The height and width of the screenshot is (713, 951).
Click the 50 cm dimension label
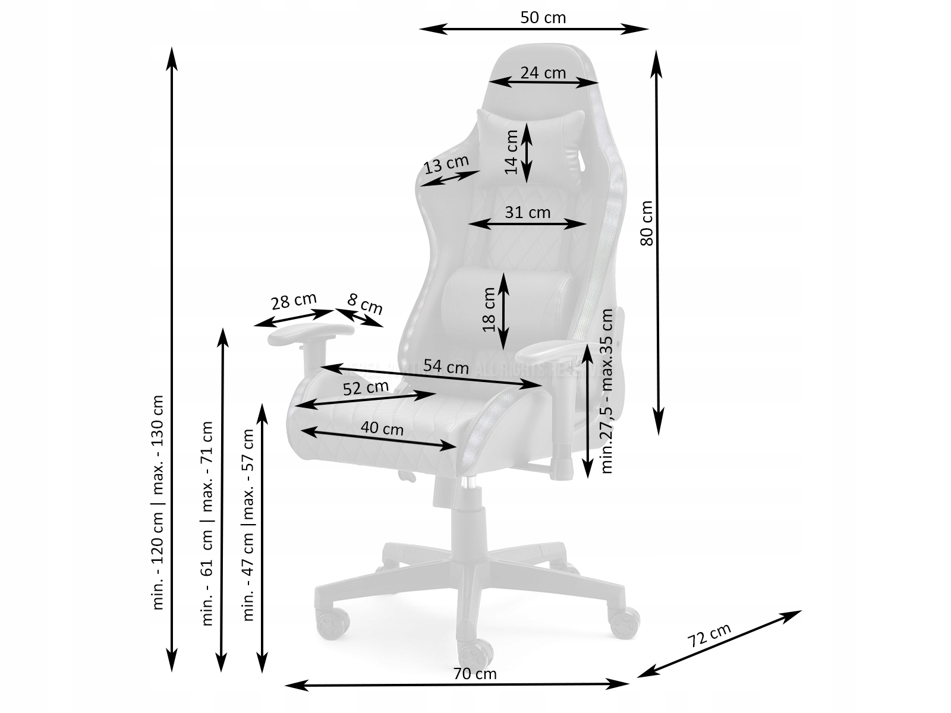point(543,18)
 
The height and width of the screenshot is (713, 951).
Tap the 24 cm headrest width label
point(543,72)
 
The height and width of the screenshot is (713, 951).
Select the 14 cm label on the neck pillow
point(512,152)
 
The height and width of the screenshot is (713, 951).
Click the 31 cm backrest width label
point(527,212)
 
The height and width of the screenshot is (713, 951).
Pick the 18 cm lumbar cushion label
point(489,310)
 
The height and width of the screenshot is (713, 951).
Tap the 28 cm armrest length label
point(294,302)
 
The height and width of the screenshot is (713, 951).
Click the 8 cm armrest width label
point(365,304)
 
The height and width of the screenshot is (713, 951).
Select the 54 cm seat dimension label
point(446,367)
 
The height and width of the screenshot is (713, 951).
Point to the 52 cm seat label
point(366,388)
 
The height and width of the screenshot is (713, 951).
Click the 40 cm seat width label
point(382,428)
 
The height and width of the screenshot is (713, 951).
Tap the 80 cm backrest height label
point(647,223)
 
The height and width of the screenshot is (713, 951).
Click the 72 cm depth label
point(709,636)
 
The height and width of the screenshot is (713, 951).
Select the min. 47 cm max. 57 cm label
point(249,525)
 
